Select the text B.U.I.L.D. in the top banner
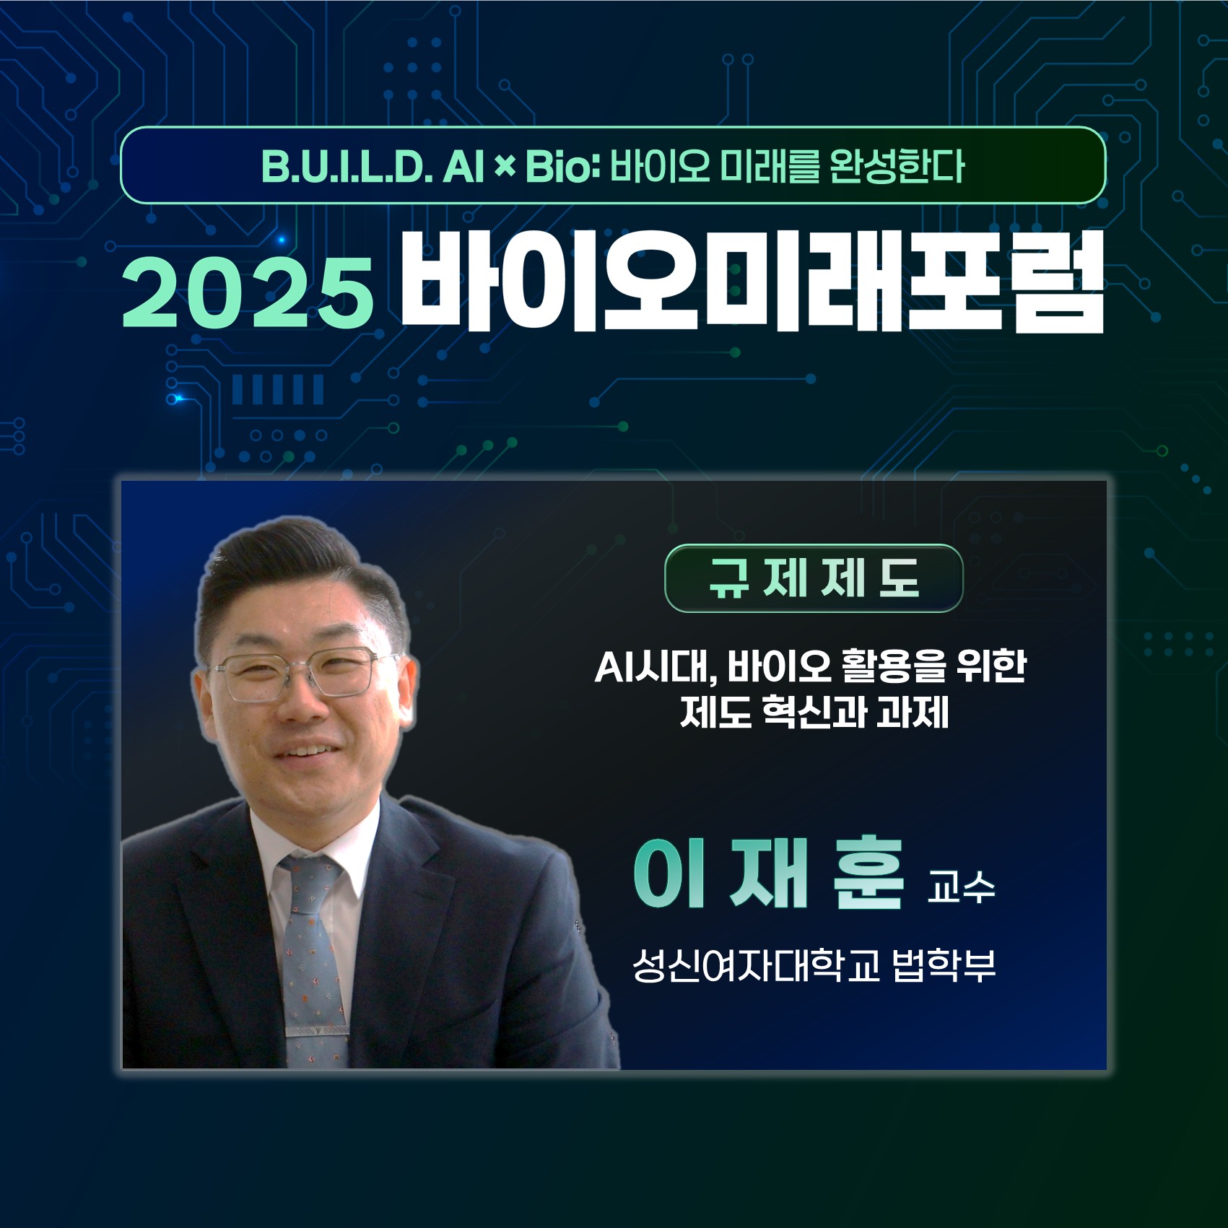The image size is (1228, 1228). point(346,167)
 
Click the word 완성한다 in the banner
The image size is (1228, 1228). point(897,167)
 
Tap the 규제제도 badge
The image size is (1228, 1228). point(813,578)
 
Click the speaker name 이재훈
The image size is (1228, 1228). point(768,875)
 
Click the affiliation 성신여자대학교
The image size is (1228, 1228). point(755,966)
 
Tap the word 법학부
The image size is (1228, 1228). point(944,966)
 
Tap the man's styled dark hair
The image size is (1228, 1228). point(289,570)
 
